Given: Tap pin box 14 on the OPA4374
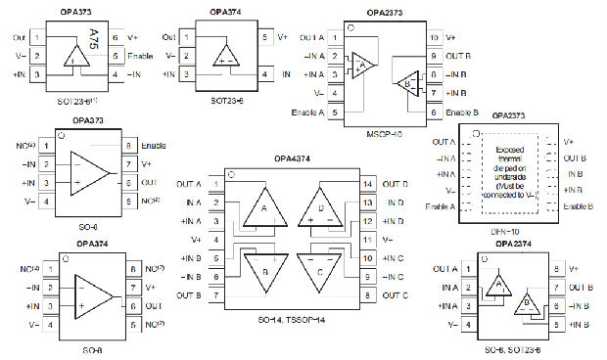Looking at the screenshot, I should (368, 184).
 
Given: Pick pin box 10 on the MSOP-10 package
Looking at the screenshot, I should (435, 37).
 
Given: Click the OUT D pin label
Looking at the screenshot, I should (396, 184).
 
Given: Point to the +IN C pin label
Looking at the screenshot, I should (395, 258).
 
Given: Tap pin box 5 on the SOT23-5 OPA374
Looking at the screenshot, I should (264, 37).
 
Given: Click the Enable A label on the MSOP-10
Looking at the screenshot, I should (304, 112).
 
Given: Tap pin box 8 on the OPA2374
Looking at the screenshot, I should (556, 268).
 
